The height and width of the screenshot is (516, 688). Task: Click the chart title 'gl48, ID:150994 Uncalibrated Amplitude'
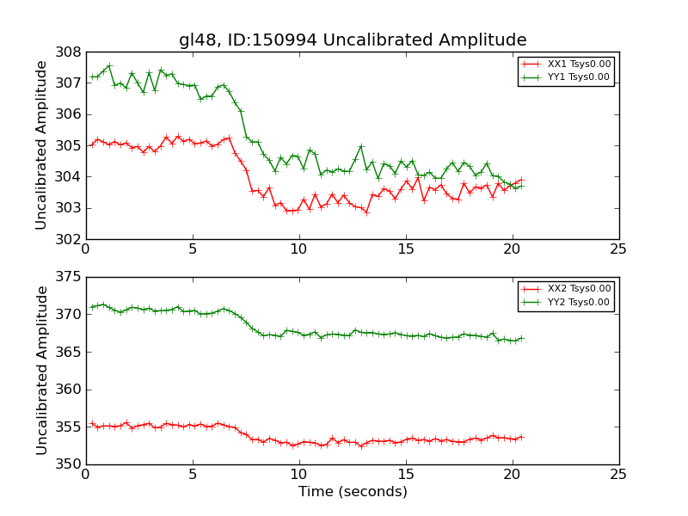353,40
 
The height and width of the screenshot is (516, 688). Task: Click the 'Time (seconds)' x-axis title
353,492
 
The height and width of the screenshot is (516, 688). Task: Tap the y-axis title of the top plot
41,145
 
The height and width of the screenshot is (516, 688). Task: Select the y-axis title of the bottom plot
41,371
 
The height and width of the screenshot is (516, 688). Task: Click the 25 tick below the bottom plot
619,475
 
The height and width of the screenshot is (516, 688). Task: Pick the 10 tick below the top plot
298,249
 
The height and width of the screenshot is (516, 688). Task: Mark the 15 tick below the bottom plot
405,475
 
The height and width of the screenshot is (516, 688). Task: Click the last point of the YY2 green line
521,338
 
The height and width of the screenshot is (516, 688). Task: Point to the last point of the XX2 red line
521,437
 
